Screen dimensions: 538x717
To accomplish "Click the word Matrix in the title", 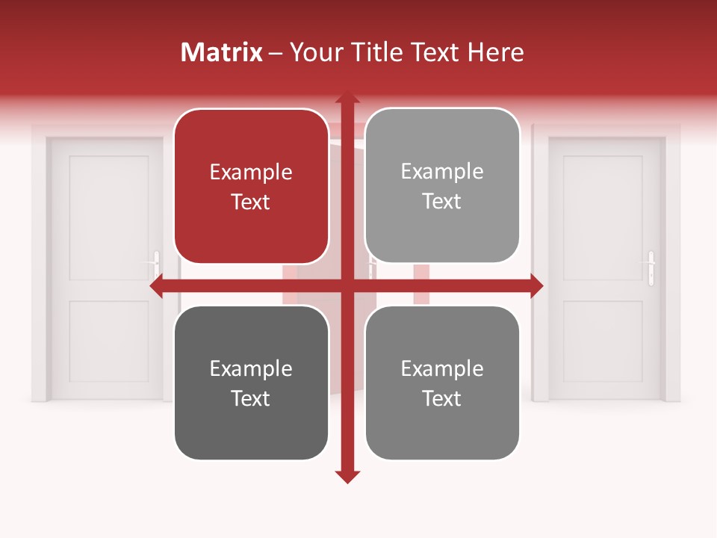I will click(222, 52).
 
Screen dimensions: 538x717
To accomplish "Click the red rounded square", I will click(251, 186).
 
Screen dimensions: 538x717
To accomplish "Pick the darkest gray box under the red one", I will click(251, 383).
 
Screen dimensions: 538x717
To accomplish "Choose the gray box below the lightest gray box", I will click(442, 383).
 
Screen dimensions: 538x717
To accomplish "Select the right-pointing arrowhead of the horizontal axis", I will click(536, 285).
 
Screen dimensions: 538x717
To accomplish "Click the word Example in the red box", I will click(251, 172).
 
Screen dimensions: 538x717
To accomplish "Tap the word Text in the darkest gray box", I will click(251, 398).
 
